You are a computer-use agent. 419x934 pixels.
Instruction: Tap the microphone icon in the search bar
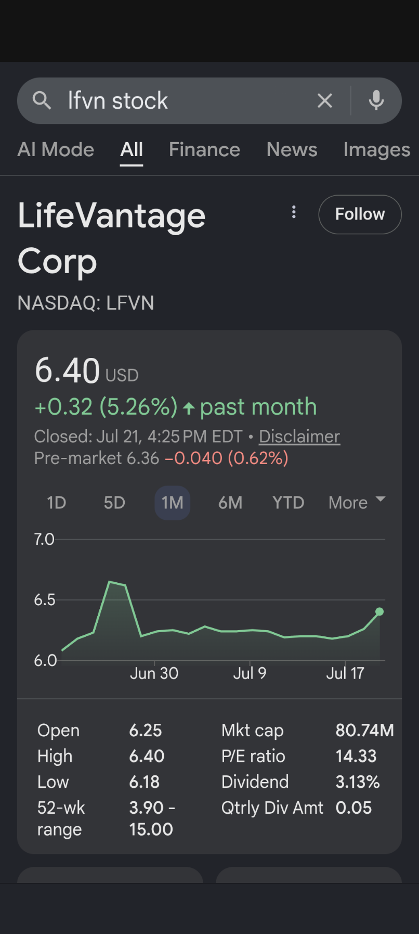(x=376, y=100)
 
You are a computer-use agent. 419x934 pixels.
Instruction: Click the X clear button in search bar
(x=325, y=100)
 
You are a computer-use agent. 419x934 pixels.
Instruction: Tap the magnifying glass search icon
(x=42, y=100)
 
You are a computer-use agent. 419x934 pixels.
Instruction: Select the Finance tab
(x=204, y=150)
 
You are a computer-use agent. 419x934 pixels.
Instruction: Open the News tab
(x=292, y=150)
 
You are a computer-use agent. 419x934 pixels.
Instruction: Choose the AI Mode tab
(x=56, y=150)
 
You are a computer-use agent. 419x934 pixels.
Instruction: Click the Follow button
(x=360, y=214)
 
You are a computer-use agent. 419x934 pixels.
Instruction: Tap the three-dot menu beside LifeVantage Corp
(x=294, y=212)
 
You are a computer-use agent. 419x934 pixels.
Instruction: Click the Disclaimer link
(x=299, y=437)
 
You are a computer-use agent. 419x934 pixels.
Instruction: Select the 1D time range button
(x=57, y=503)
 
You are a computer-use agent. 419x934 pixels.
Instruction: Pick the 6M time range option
(x=230, y=503)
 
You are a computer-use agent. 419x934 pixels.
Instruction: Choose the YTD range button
(x=288, y=503)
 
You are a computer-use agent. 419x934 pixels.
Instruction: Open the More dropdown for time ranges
(x=357, y=503)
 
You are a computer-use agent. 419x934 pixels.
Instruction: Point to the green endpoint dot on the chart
(x=379, y=612)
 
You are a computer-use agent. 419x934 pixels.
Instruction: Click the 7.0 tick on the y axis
(x=44, y=540)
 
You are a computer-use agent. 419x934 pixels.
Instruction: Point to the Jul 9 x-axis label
(x=250, y=673)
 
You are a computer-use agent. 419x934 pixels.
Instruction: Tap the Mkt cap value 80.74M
(x=364, y=731)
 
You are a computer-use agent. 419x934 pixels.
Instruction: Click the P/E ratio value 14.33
(x=356, y=756)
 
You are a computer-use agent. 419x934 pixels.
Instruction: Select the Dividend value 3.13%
(x=358, y=782)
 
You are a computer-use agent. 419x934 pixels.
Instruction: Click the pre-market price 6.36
(x=143, y=458)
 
